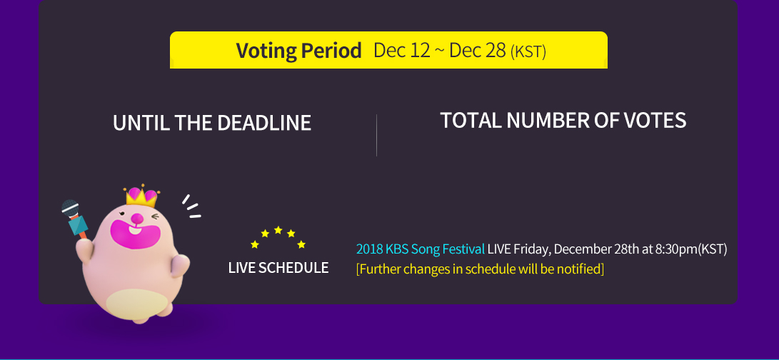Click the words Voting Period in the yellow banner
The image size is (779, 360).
pos(298,51)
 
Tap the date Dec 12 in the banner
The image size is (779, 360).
pos(401,51)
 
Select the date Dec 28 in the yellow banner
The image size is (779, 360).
pos(477,51)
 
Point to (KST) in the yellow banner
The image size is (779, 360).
pos(528,52)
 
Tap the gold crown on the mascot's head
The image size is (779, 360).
pos(141,196)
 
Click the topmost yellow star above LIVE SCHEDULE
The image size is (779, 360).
pos(278,230)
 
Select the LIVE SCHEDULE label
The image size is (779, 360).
pos(278,268)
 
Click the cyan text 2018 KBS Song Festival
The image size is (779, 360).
pos(420,249)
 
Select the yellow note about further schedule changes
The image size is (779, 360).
pos(480,269)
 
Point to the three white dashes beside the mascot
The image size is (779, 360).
pos(191,206)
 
